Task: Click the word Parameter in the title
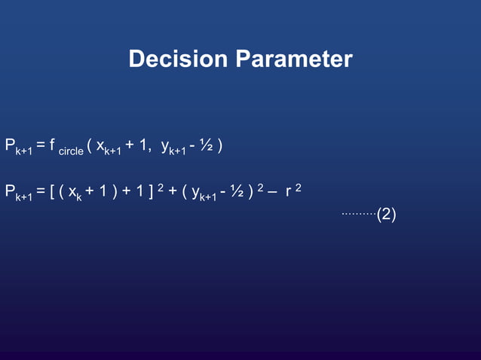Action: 293,59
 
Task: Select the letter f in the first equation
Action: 53,145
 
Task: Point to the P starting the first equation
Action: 10,145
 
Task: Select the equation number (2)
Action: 386,215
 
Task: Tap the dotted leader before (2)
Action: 358,214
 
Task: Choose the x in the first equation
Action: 100,145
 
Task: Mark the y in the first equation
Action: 165,146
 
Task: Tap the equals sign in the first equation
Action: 41,145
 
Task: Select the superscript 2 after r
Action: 299,186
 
